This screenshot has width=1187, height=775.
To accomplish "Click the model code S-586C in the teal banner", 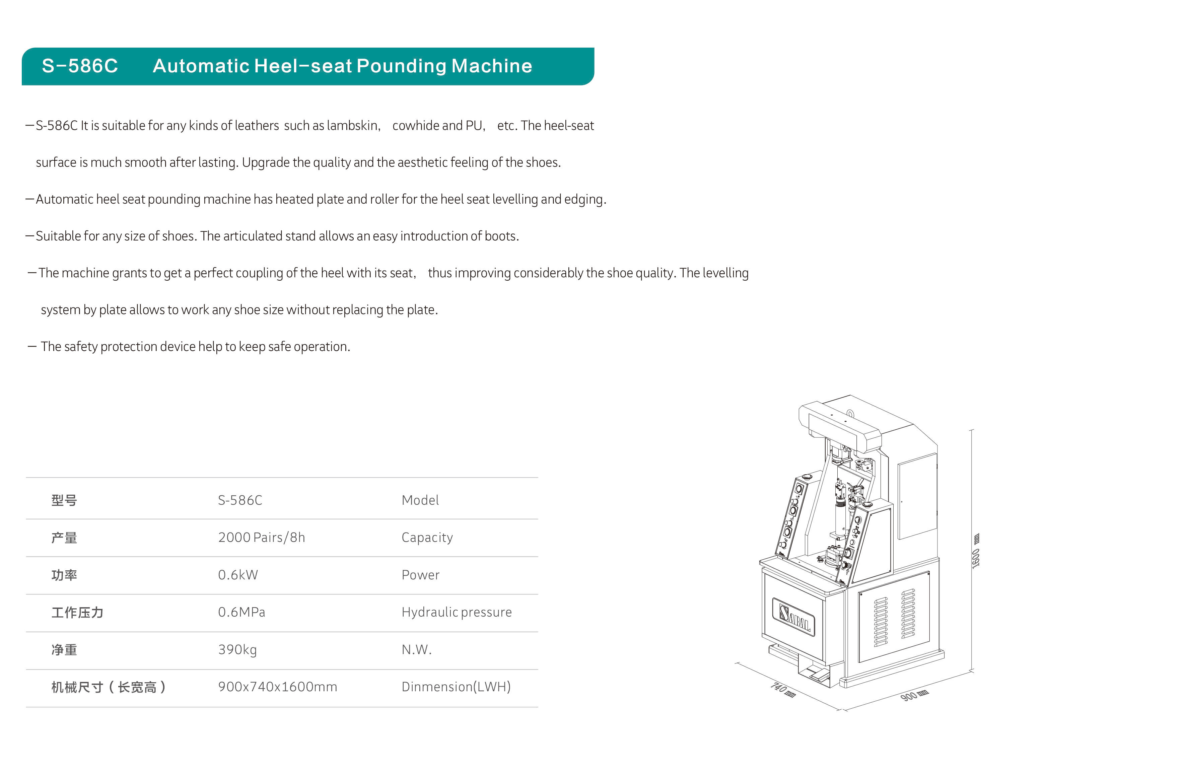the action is tap(80, 66).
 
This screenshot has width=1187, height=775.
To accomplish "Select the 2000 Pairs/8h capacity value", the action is tap(261, 537).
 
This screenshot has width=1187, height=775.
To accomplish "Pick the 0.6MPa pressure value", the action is tap(241, 612).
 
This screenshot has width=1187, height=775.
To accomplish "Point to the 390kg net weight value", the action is tap(237, 650).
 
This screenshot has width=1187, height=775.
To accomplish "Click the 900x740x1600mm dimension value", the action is tap(277, 687).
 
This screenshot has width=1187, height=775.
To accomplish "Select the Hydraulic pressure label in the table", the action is tap(457, 613).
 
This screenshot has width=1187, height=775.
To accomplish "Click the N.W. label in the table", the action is tap(416, 649).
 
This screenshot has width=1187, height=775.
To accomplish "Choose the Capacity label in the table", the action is tap(427, 538).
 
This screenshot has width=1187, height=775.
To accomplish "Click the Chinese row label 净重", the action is tap(64, 650).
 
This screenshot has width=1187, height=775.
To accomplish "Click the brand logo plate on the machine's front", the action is tap(793, 616).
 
